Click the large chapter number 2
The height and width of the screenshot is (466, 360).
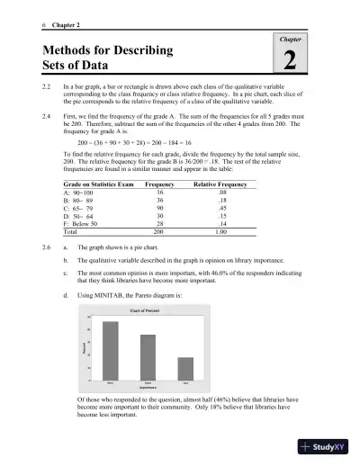tap(288, 60)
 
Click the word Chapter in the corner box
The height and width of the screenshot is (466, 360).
tap(288, 40)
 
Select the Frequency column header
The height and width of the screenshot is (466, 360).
tap(159, 183)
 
